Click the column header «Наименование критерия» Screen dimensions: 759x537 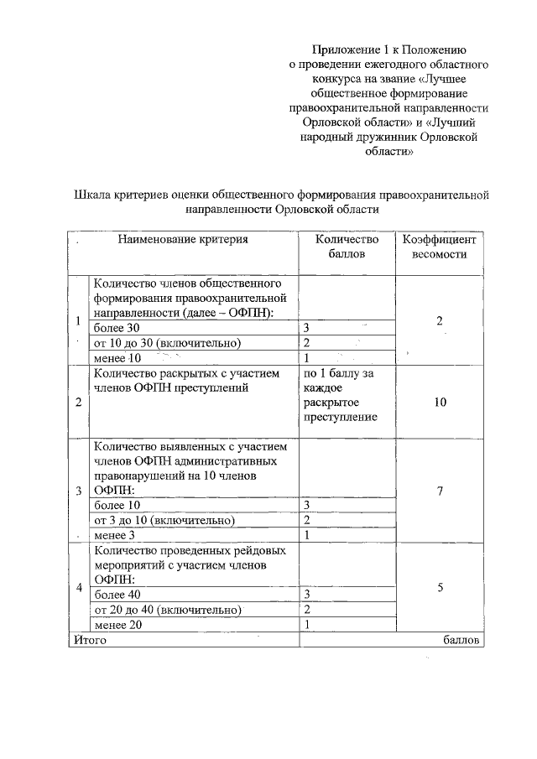tap(183, 240)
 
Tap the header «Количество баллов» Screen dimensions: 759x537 tap(347, 247)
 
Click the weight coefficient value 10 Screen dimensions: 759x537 tap(440, 403)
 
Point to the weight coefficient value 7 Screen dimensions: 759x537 tap(440, 491)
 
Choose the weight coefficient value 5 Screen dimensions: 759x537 tap(440, 588)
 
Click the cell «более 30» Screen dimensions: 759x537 tap(117, 328)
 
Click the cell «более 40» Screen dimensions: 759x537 tap(117, 594)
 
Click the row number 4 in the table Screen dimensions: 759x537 tap(79, 587)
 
